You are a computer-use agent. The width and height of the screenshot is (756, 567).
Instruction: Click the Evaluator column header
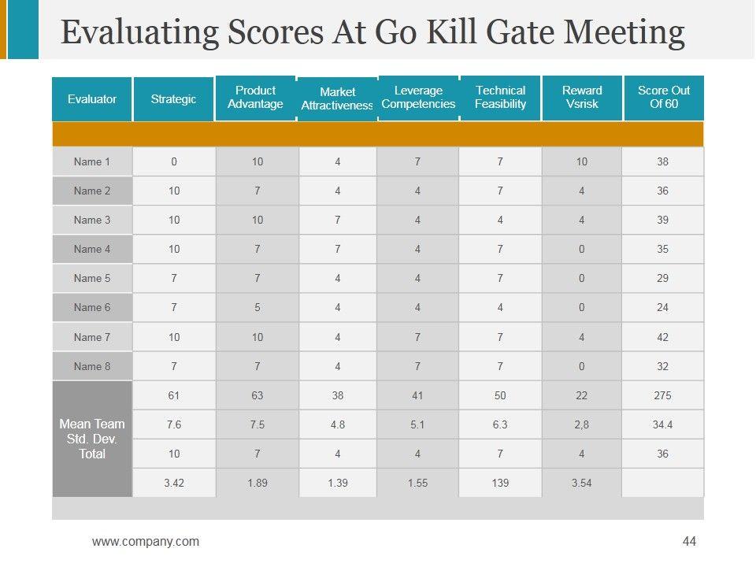point(92,99)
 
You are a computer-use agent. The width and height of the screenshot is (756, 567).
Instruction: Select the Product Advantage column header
point(255,98)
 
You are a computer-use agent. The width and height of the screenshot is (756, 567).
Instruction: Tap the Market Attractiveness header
point(337,98)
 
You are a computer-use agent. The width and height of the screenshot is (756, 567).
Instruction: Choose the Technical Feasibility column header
point(500,97)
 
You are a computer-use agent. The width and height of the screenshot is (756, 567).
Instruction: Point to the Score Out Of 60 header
point(663,97)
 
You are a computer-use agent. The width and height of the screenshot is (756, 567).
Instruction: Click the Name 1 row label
point(92,162)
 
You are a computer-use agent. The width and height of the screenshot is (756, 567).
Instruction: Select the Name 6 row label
point(92,308)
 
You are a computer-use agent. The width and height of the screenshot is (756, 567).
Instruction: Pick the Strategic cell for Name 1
point(174,162)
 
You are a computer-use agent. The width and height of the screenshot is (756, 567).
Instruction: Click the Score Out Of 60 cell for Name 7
point(662,337)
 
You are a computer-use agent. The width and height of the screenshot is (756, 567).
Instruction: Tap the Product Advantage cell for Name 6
point(258,308)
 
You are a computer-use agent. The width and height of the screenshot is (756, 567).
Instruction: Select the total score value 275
point(662,395)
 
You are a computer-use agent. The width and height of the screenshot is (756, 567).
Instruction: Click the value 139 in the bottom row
point(500,483)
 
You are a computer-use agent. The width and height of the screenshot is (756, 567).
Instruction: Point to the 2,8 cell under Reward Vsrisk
point(581,425)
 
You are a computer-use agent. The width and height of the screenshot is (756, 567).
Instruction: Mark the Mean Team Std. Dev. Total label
point(92,439)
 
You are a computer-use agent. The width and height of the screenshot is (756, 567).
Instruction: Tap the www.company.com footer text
point(146,541)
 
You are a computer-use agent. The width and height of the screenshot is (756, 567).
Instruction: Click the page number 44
point(690,541)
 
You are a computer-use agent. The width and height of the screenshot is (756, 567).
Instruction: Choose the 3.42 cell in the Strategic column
point(174,483)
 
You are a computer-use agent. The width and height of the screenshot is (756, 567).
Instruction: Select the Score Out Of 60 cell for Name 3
point(662,220)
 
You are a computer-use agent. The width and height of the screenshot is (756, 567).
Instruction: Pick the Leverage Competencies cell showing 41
point(417,395)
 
